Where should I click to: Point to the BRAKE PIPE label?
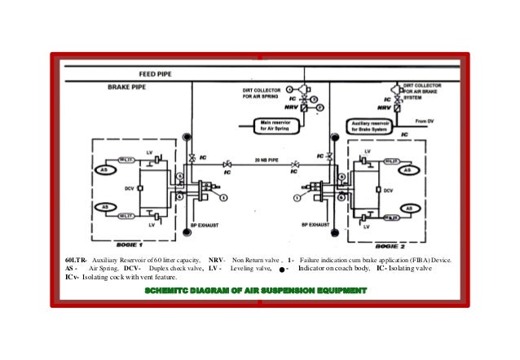click(x=128, y=86)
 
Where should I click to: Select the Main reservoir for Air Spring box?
click(x=269, y=125)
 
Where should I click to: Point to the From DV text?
click(x=425, y=120)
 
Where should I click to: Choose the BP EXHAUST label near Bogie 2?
click(x=315, y=222)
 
